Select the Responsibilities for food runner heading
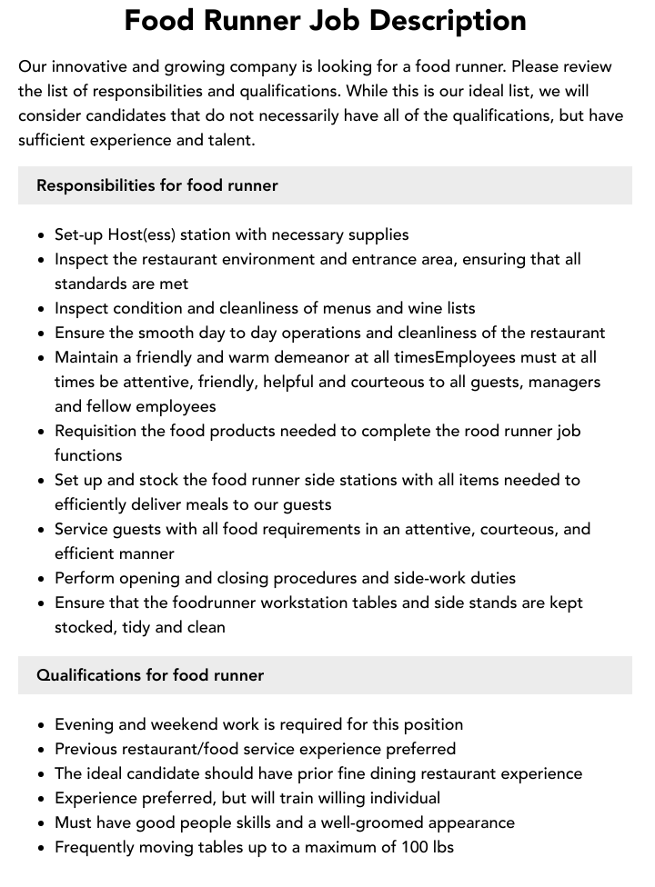click(156, 185)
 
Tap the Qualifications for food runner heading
click(150, 675)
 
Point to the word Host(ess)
click(141, 234)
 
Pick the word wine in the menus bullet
click(398, 308)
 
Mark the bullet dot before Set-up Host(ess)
click(42, 235)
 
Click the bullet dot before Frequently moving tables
click(42, 848)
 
